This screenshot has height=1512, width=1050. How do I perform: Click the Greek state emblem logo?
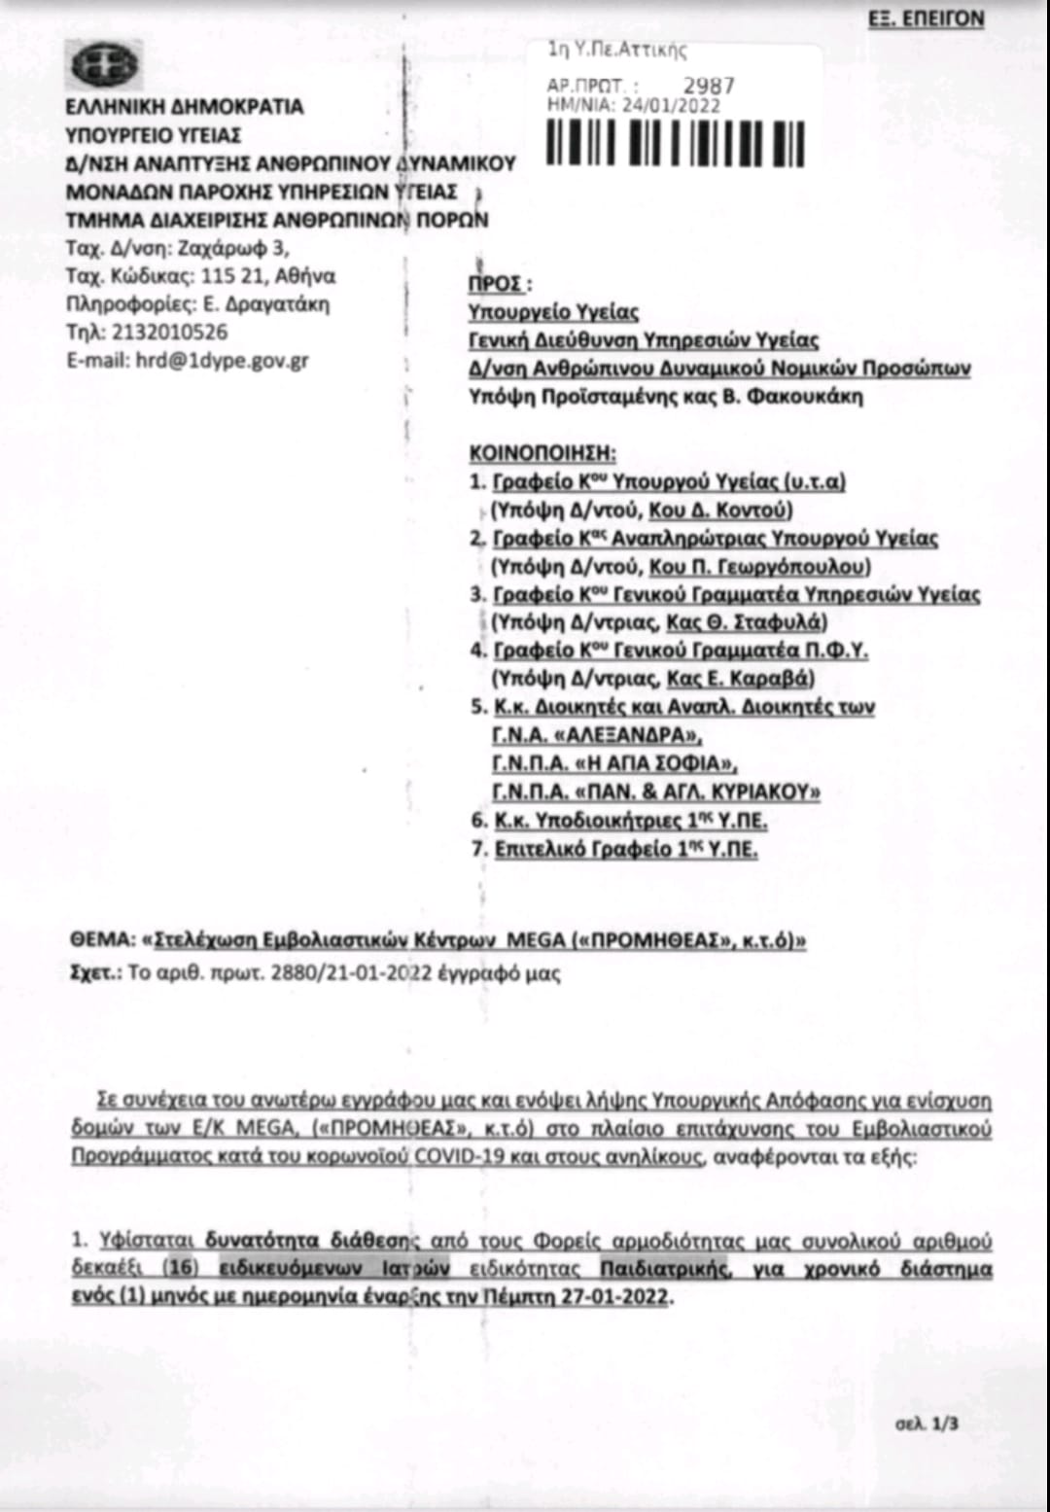click(105, 66)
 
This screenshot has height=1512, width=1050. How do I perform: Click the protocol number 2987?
click(709, 87)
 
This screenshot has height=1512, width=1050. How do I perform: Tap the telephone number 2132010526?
click(170, 332)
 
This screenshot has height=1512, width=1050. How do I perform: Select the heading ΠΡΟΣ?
click(498, 284)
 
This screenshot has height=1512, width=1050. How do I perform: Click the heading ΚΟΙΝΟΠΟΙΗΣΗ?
click(542, 453)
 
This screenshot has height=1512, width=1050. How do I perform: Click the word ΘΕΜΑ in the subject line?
click(101, 940)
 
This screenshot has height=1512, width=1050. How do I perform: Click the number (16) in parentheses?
click(179, 1268)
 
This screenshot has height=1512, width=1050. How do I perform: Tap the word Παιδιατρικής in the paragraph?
click(665, 1268)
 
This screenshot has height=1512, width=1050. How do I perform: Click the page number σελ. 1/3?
click(927, 1424)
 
